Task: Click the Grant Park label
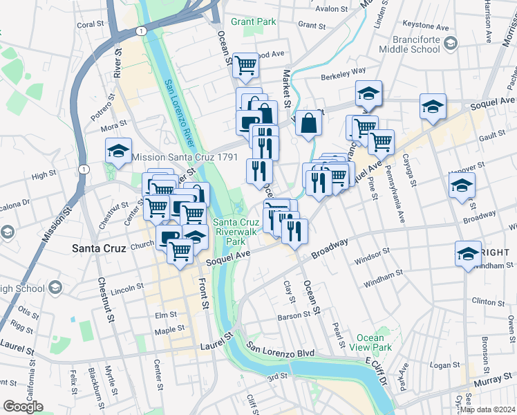tap(253, 21)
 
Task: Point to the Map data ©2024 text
tap(488, 409)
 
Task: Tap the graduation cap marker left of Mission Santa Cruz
tap(118, 151)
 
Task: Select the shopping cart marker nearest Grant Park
tap(245, 66)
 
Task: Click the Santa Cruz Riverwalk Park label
tap(236, 232)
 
